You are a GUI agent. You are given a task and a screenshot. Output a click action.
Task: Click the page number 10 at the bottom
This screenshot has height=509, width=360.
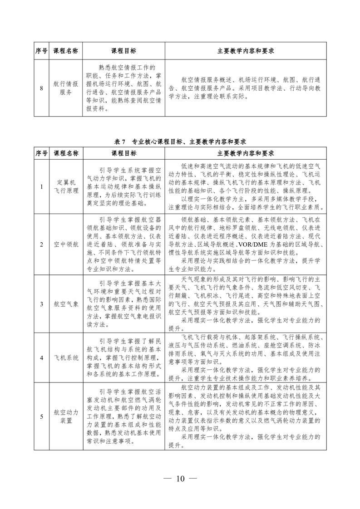click(180, 478)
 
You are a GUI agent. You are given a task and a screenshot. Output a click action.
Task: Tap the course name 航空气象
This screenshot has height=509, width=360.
click(66, 303)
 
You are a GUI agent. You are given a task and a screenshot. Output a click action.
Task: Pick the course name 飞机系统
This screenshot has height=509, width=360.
click(66, 357)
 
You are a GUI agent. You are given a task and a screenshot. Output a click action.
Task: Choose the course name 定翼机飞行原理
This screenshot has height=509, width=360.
click(66, 186)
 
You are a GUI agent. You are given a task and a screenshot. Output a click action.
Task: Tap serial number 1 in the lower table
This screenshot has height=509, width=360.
click(41, 186)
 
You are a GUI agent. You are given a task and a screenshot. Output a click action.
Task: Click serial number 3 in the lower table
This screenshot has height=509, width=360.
click(41, 303)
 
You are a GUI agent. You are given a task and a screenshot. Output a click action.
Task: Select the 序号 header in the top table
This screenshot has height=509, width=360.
click(41, 51)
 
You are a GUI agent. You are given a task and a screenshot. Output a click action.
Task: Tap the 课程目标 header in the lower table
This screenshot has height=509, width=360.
click(123, 153)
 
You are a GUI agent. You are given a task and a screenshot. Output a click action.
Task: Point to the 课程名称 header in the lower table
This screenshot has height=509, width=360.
click(66, 153)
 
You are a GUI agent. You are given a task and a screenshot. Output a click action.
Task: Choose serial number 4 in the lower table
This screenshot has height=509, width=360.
click(41, 357)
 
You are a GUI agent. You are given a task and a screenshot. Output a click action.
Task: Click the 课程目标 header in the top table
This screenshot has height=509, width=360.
click(123, 51)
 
